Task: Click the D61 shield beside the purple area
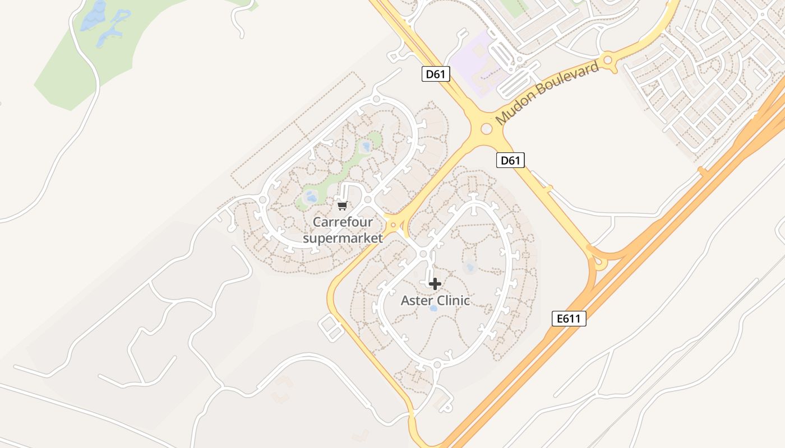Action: (436, 74)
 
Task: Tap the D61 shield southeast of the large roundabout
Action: (510, 161)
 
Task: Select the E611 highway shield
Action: (569, 319)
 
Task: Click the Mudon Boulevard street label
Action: (547, 94)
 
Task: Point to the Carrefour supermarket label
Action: (343, 230)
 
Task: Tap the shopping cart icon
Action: (343, 206)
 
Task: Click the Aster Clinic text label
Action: (435, 300)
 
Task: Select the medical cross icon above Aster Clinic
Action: (435, 284)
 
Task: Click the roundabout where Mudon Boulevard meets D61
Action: (486, 129)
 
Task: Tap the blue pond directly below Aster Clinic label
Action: (433, 309)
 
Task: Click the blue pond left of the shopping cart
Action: (311, 197)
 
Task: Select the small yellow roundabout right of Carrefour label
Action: (394, 225)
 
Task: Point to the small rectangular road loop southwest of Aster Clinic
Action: (331, 327)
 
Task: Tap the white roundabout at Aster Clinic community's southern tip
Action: (437, 366)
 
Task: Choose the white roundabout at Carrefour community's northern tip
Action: (376, 99)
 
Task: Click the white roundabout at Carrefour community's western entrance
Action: (262, 199)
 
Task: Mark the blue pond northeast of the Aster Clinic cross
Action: (470, 267)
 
